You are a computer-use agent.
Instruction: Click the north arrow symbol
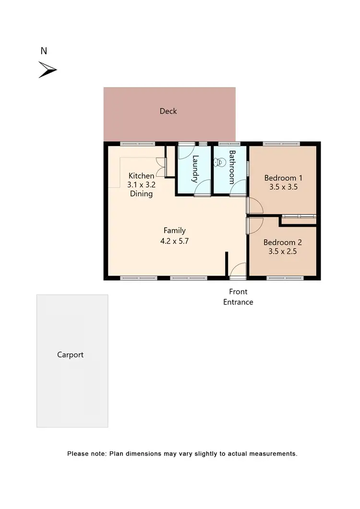48,70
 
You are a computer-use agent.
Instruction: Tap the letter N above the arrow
44,51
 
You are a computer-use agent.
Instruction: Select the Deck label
168,111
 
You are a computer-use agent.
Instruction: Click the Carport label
71,355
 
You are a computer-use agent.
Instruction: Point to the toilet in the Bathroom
220,162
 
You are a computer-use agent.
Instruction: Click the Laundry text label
195,169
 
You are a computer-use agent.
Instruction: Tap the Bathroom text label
231,167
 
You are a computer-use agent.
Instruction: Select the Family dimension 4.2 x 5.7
174,241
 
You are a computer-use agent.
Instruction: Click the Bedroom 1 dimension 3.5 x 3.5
283,187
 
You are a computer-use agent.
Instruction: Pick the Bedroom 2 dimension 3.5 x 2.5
283,251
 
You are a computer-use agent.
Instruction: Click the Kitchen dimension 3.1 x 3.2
141,185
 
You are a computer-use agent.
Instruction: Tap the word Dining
141,194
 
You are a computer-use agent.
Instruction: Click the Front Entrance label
238,297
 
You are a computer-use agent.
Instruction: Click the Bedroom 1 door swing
255,205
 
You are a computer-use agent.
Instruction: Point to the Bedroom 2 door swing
255,225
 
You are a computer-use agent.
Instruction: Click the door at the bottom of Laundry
202,188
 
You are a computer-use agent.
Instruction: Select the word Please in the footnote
78,453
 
